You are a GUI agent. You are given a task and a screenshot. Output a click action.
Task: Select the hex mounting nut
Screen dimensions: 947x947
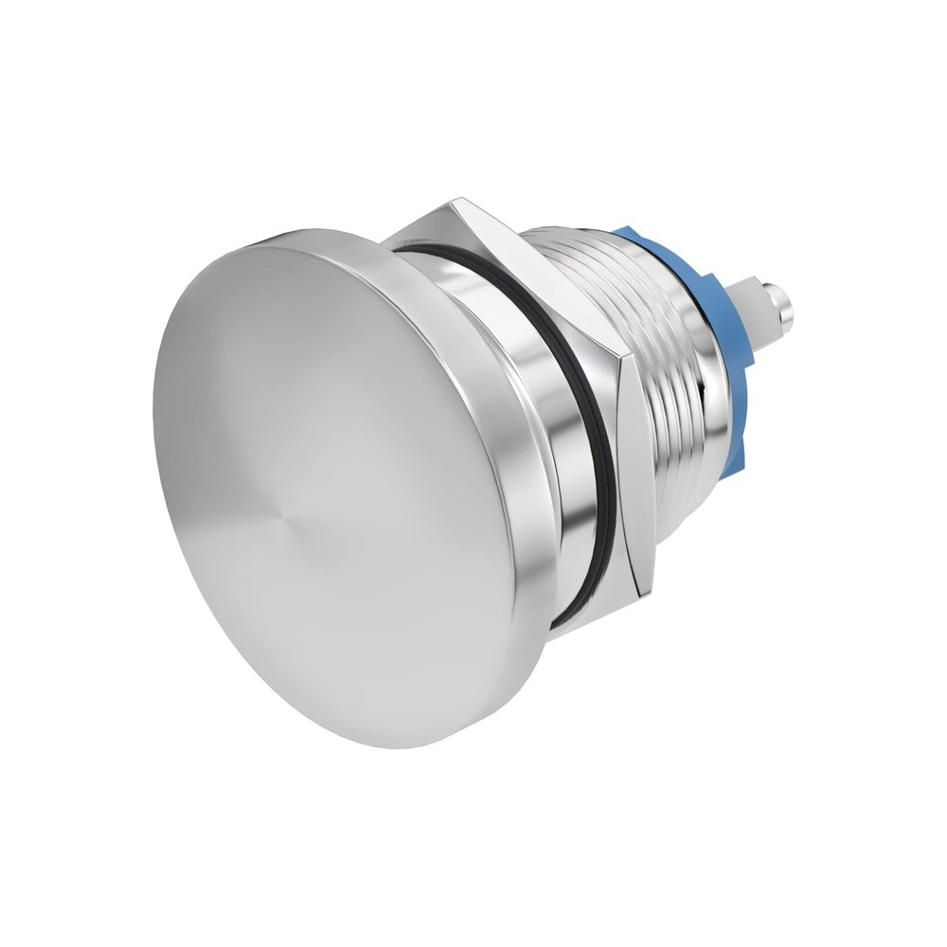click(x=530, y=313)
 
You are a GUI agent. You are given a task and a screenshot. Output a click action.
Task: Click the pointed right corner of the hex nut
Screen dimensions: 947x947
click(x=628, y=359)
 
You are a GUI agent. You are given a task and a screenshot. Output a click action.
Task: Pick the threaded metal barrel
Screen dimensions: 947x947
click(x=653, y=360)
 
